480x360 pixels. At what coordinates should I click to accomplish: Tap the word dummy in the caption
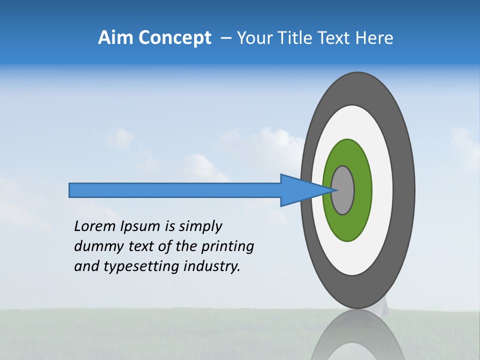coord(95,246)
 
